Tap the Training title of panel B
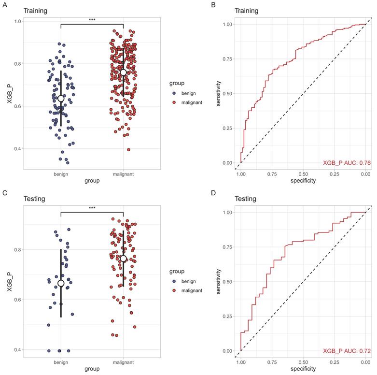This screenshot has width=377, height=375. click(246, 10)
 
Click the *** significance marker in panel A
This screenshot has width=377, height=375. click(92, 20)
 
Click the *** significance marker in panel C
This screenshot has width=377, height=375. click(92, 208)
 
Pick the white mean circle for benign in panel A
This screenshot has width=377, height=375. click(61, 99)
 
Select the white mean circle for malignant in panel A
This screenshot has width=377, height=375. click(123, 72)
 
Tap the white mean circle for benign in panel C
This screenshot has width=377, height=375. click(61, 283)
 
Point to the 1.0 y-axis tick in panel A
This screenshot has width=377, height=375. click(17, 22)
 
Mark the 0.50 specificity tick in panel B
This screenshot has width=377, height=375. click(303, 173)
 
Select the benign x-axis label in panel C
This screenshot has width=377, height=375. click(61, 361)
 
